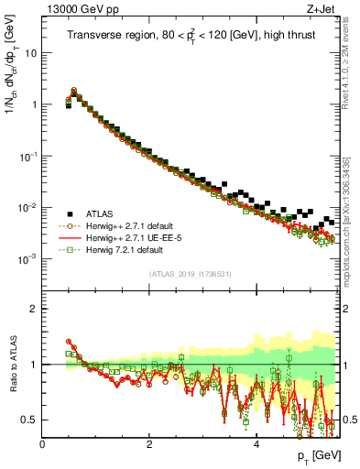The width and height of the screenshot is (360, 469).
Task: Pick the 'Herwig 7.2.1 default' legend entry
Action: click(x=126, y=249)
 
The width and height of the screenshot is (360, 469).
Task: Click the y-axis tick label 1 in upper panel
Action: click(x=35, y=104)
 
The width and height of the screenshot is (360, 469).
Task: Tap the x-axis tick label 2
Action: click(x=149, y=444)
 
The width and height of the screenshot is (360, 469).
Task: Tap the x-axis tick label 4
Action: click(x=256, y=444)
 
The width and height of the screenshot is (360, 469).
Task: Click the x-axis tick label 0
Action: click(x=42, y=444)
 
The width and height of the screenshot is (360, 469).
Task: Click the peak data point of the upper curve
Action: click(x=74, y=90)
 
